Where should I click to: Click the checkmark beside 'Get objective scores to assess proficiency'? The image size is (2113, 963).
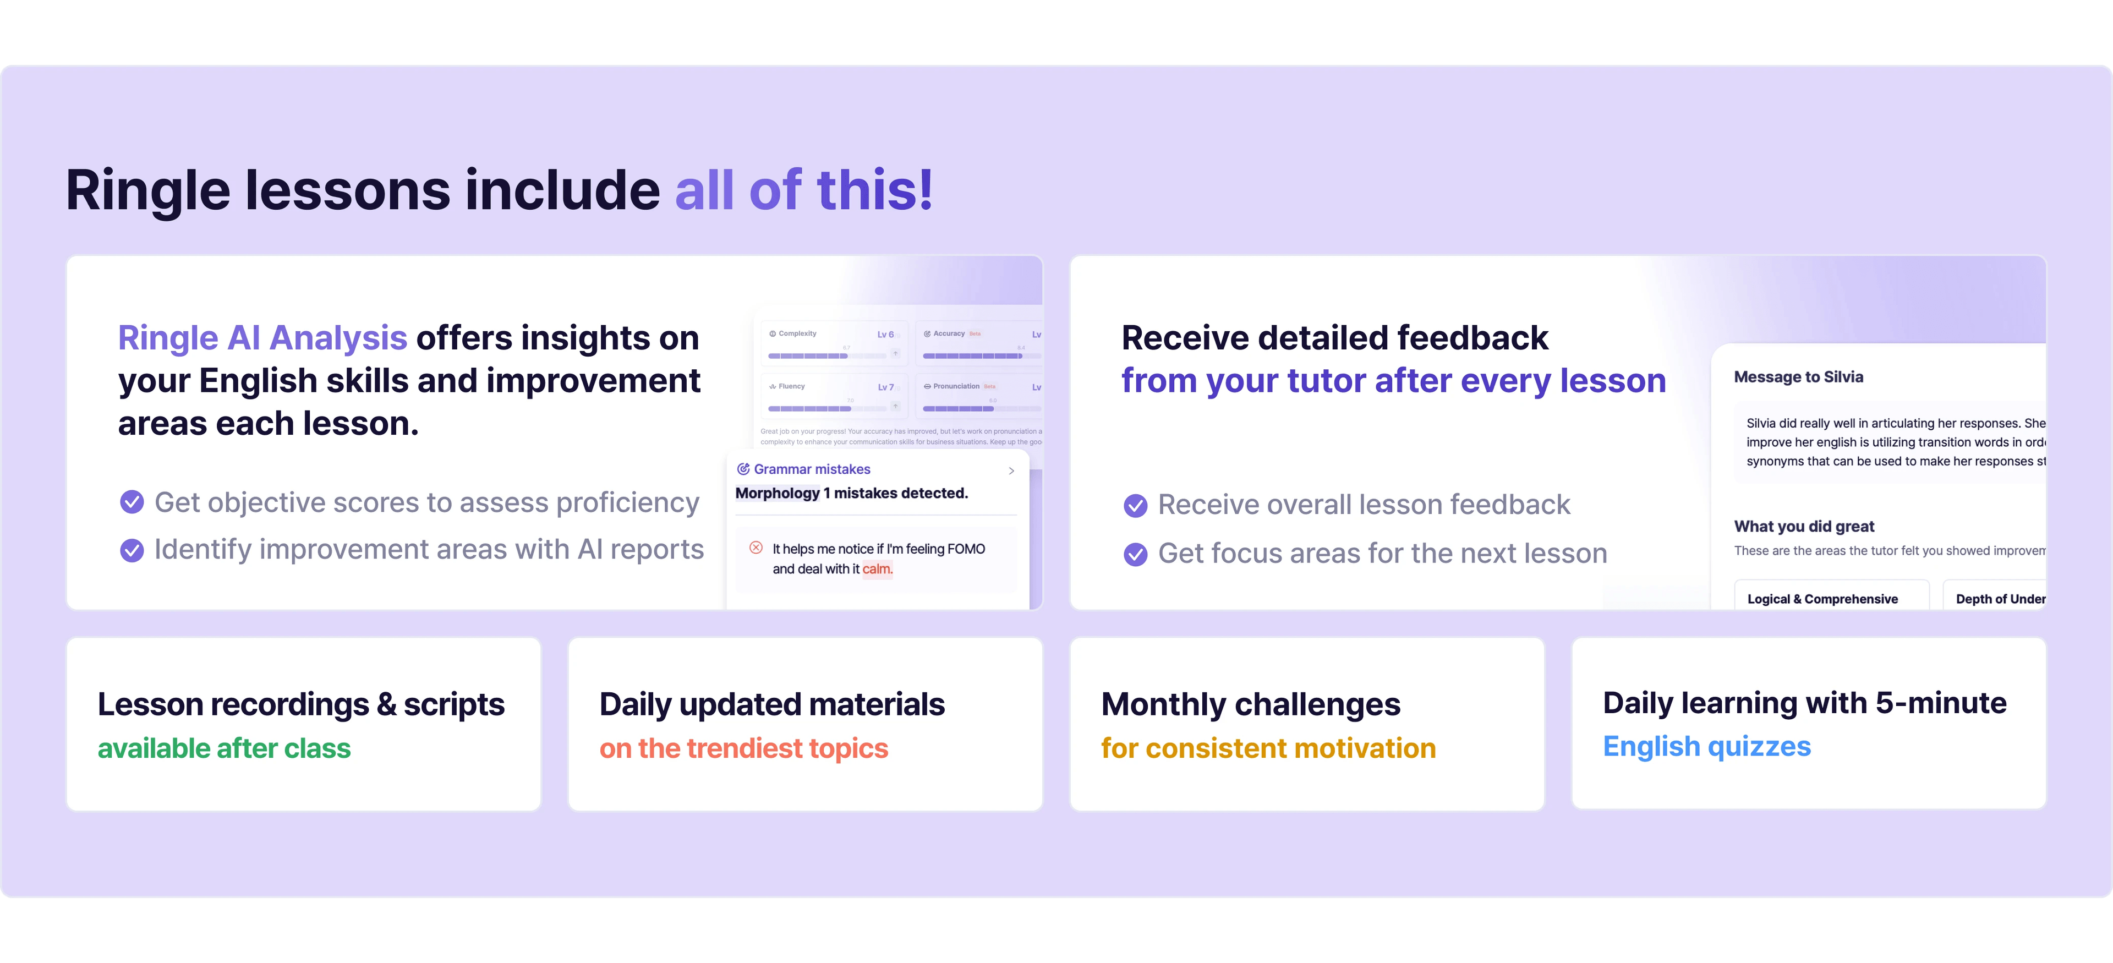point(132,502)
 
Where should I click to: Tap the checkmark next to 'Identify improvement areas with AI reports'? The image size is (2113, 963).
point(132,550)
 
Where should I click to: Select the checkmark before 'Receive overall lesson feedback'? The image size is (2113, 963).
point(1135,505)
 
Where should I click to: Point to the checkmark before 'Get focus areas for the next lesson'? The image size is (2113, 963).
point(1135,555)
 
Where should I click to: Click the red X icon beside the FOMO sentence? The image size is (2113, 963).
point(756,548)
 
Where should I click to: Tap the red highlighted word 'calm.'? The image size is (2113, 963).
point(877,569)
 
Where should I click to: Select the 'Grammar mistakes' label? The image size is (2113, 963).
point(811,469)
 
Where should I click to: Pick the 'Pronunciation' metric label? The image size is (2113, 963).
point(956,386)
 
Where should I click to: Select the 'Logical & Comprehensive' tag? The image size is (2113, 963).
point(1822,599)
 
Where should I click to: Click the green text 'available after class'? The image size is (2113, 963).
point(224,748)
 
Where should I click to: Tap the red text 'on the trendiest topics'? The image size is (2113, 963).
point(743,748)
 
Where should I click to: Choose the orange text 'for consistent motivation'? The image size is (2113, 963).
point(1268,748)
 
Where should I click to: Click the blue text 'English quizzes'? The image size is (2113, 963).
point(1706,746)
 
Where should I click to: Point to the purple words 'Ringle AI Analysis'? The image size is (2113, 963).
point(262,338)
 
